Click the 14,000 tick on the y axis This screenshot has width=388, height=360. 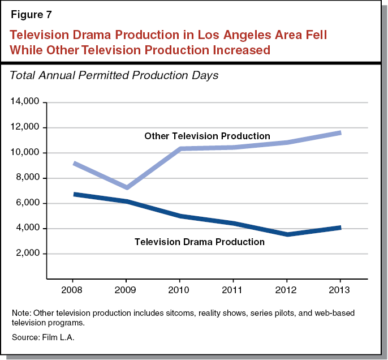24,102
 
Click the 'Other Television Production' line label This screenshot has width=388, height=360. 207,136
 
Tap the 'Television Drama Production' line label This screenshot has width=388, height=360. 200,242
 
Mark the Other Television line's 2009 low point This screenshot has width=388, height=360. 127,187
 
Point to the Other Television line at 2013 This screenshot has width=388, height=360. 339,132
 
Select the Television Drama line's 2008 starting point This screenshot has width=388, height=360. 74,194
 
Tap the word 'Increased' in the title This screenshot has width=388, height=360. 234,50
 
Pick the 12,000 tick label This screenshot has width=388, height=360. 24,128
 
